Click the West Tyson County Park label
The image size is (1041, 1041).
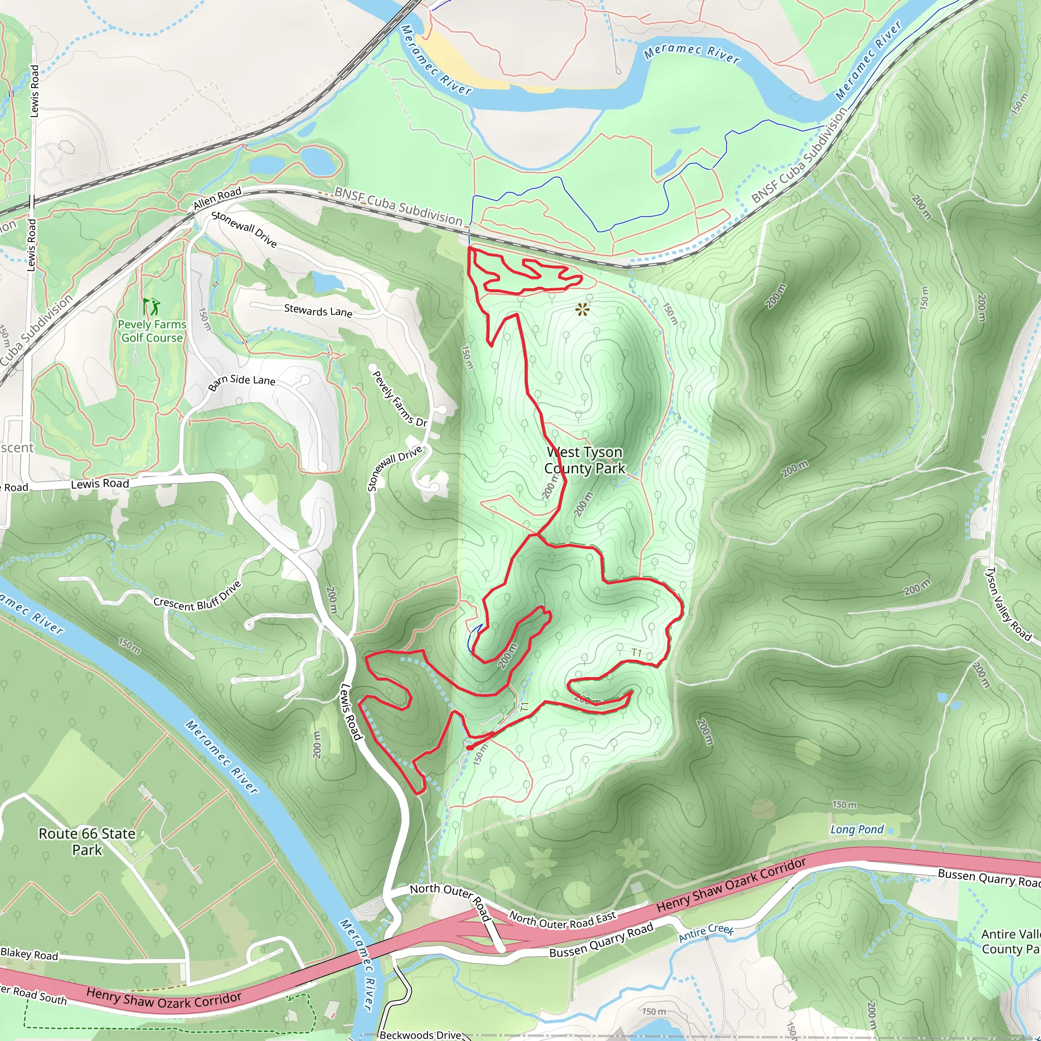[x=585, y=460]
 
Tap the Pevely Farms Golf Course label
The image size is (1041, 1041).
[x=152, y=331]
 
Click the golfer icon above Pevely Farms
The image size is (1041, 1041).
[x=151, y=306]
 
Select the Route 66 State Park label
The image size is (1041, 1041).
[x=87, y=841]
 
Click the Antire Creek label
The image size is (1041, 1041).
[x=706, y=933]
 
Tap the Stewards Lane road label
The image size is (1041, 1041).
[x=318, y=311]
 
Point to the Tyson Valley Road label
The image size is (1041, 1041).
[x=1008, y=603]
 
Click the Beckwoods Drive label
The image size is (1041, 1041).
[x=420, y=1034]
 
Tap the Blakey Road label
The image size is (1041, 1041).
[x=29, y=954]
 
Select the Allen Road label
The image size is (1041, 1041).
[x=217, y=199]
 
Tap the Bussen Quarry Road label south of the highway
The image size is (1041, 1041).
[x=601, y=940]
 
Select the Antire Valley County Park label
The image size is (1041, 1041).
[x=1011, y=941]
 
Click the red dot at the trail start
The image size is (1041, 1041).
[x=469, y=747]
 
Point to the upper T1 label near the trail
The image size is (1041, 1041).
[x=636, y=653]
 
